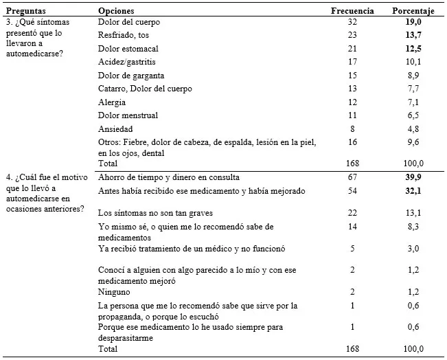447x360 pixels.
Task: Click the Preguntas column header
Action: tap(25, 11)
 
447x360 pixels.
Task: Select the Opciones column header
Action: tap(116, 11)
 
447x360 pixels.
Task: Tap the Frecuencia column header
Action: tap(352, 11)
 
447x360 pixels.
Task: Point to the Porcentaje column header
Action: tap(413, 11)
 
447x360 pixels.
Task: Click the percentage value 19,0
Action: tap(413, 22)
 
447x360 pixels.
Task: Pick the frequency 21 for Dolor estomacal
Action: tap(352, 48)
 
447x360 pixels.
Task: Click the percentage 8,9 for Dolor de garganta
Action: tap(413, 75)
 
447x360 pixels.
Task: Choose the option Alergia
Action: tap(111, 102)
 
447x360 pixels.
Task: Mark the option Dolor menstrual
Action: tap(128, 115)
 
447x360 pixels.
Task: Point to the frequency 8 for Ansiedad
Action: tap(352, 128)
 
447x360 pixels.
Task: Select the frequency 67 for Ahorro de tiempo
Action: tap(352, 177)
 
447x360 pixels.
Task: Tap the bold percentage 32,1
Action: tap(413, 190)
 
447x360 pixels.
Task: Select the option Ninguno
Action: tap(115, 292)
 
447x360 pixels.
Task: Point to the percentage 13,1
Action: tap(413, 213)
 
